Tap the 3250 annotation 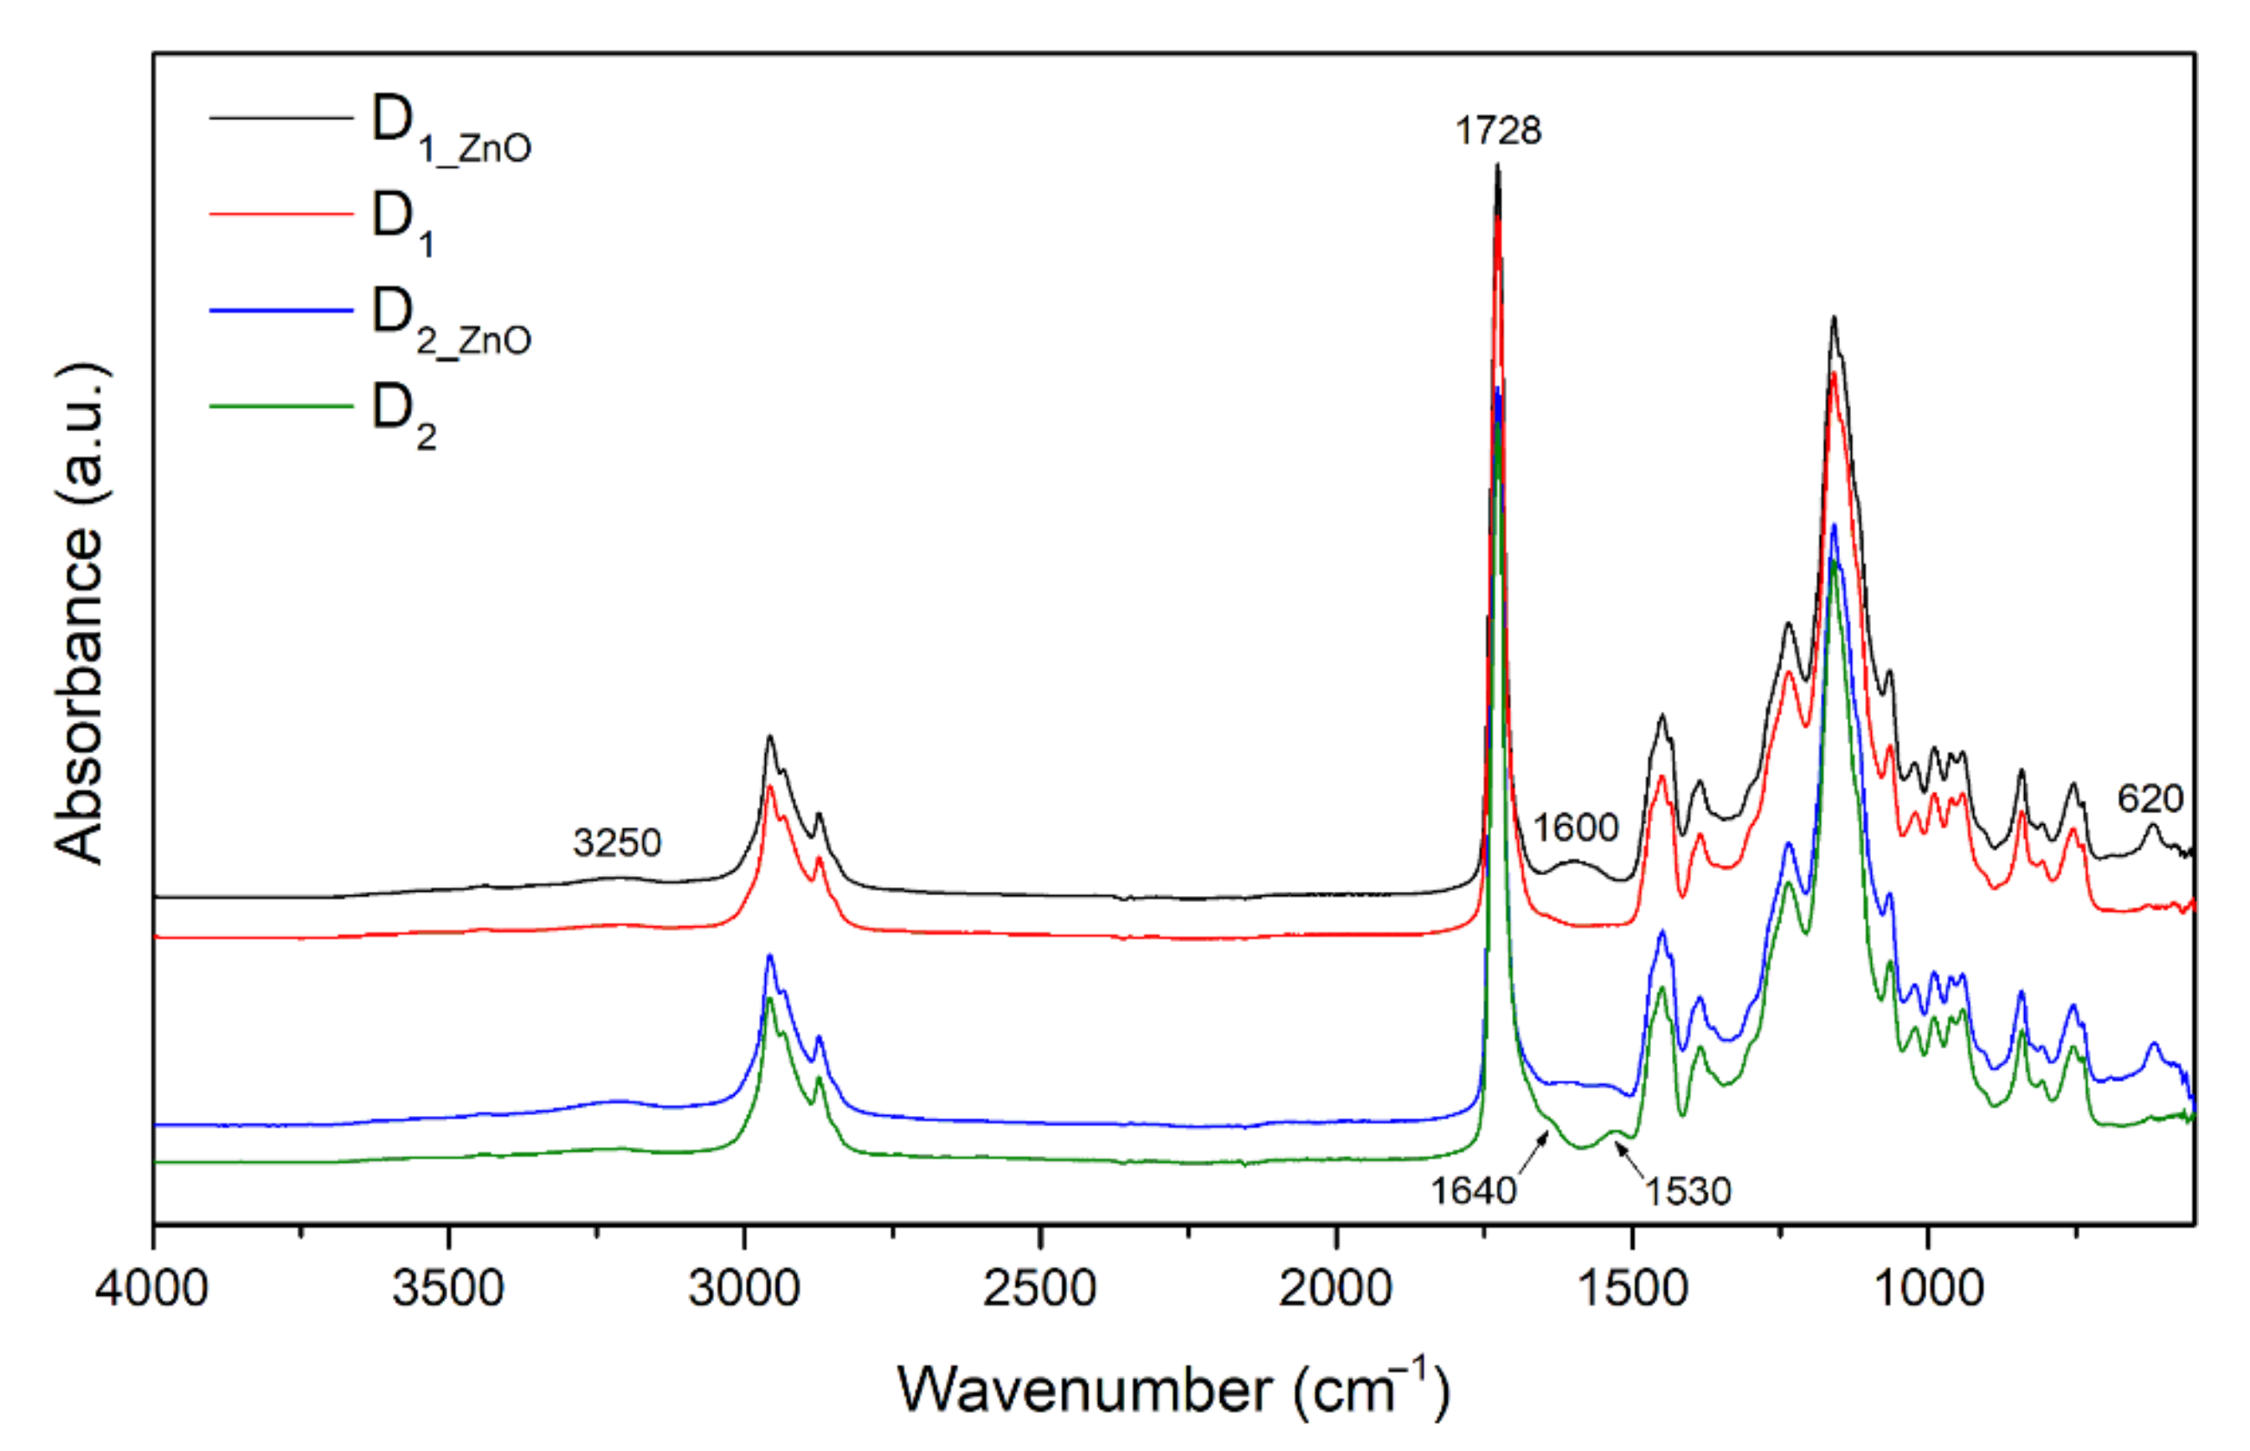(617, 842)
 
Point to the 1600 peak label (1576, 828)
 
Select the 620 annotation (2150, 799)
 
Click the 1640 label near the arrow (1474, 1192)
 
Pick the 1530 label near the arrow (1687, 1192)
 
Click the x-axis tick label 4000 (151, 1287)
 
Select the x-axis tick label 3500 (448, 1287)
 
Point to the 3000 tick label (744, 1287)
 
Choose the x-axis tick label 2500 (1040, 1287)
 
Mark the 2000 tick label (1335, 1287)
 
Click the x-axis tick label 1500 (1632, 1287)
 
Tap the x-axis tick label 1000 (1928, 1287)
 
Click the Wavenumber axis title (1173, 1390)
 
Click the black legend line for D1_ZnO (280, 119)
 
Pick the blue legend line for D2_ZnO (280, 310)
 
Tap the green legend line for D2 (280, 406)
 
